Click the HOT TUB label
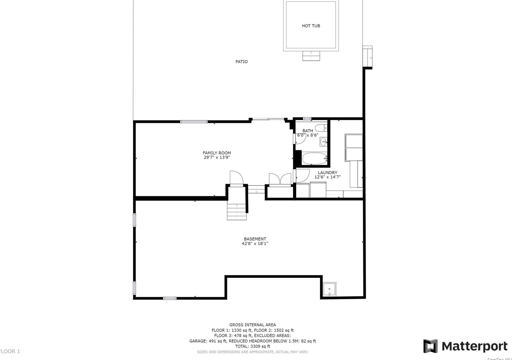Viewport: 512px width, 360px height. [311, 26]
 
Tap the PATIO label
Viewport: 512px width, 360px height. [241, 62]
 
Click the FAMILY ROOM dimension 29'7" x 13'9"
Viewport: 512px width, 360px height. [217, 157]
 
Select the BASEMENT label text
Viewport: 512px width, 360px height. [255, 239]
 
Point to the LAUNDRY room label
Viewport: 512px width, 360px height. [327, 172]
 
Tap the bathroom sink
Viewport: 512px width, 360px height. [323, 142]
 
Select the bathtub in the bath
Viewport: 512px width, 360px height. [314, 158]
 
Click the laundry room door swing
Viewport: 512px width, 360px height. [302, 176]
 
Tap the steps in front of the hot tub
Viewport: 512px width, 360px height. [311, 56]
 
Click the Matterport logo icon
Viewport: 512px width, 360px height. [430, 346]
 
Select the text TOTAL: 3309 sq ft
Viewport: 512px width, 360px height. [252, 346]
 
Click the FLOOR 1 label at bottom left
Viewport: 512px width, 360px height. [10, 351]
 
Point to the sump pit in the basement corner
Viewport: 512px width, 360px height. [329, 289]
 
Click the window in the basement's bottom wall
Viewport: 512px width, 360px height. [169, 298]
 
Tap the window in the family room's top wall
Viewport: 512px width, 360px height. [194, 122]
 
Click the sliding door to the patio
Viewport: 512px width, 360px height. [268, 119]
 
